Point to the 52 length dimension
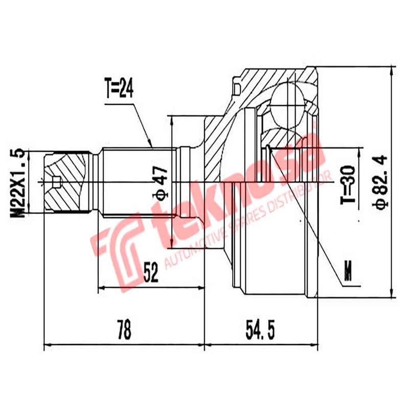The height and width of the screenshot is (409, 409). (x=150, y=274)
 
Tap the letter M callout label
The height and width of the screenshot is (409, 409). (x=349, y=270)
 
